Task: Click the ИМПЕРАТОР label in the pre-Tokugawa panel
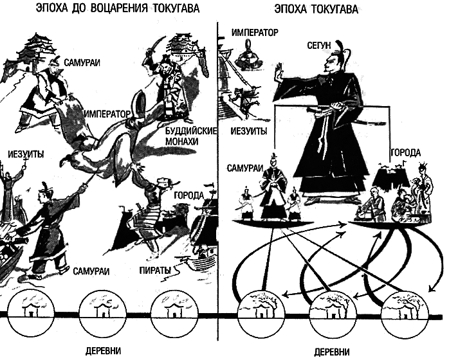tap(107, 115)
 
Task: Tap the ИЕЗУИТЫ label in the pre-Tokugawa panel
tap(26, 154)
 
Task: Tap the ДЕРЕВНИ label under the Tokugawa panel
tap(332, 352)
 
